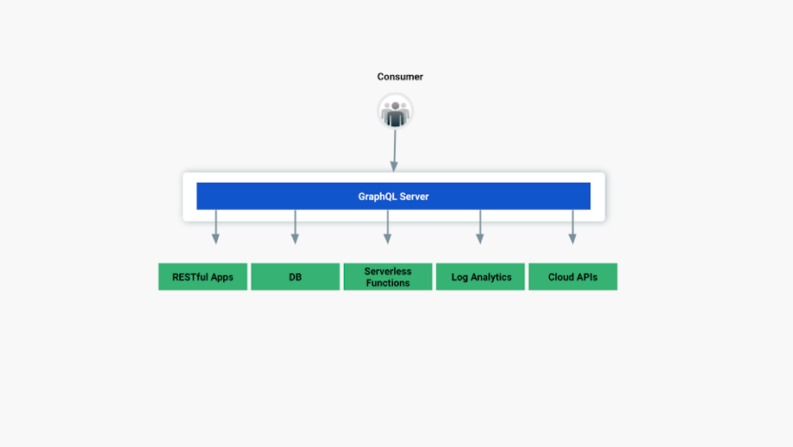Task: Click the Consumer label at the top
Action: pos(400,77)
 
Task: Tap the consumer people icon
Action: pos(396,111)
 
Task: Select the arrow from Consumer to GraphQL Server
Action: pos(395,151)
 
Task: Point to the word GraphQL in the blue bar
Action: pos(377,197)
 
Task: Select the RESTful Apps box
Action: pos(203,277)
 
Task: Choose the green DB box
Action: pos(295,277)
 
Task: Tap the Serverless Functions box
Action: pos(388,277)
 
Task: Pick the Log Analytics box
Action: pos(480,277)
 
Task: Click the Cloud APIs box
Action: pos(572,277)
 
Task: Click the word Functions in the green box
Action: pos(388,283)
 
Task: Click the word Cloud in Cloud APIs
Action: pos(562,277)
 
